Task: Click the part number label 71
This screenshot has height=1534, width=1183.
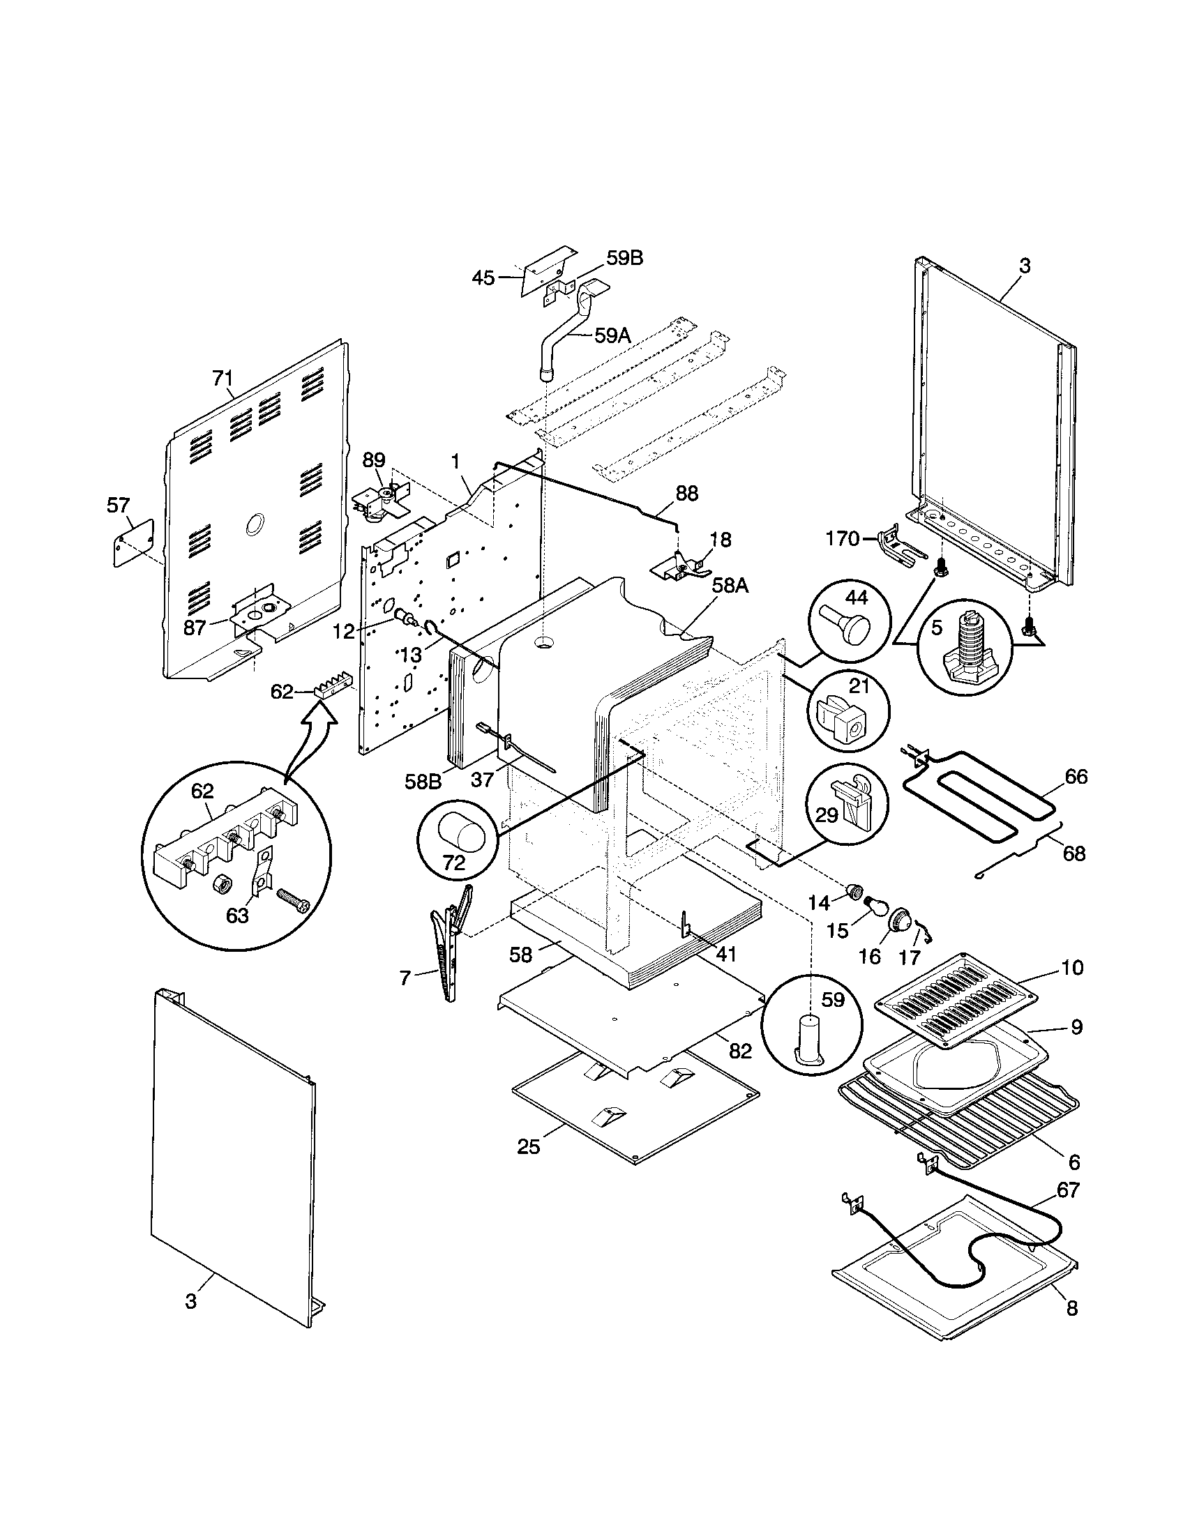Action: tap(222, 379)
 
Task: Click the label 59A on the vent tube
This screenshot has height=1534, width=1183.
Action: tap(612, 336)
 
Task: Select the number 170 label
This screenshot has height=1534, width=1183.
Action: tap(843, 539)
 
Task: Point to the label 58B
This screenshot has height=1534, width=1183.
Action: tap(423, 781)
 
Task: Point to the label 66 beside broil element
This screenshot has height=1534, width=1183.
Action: tap(1076, 777)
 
